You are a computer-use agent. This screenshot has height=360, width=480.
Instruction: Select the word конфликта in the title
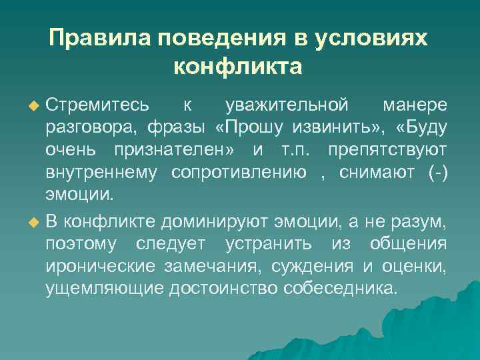coord(239,67)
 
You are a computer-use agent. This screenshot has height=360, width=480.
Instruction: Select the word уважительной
coord(287,105)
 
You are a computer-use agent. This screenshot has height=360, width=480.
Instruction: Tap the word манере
coord(415,105)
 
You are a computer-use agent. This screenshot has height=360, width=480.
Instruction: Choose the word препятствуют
coord(387,151)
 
